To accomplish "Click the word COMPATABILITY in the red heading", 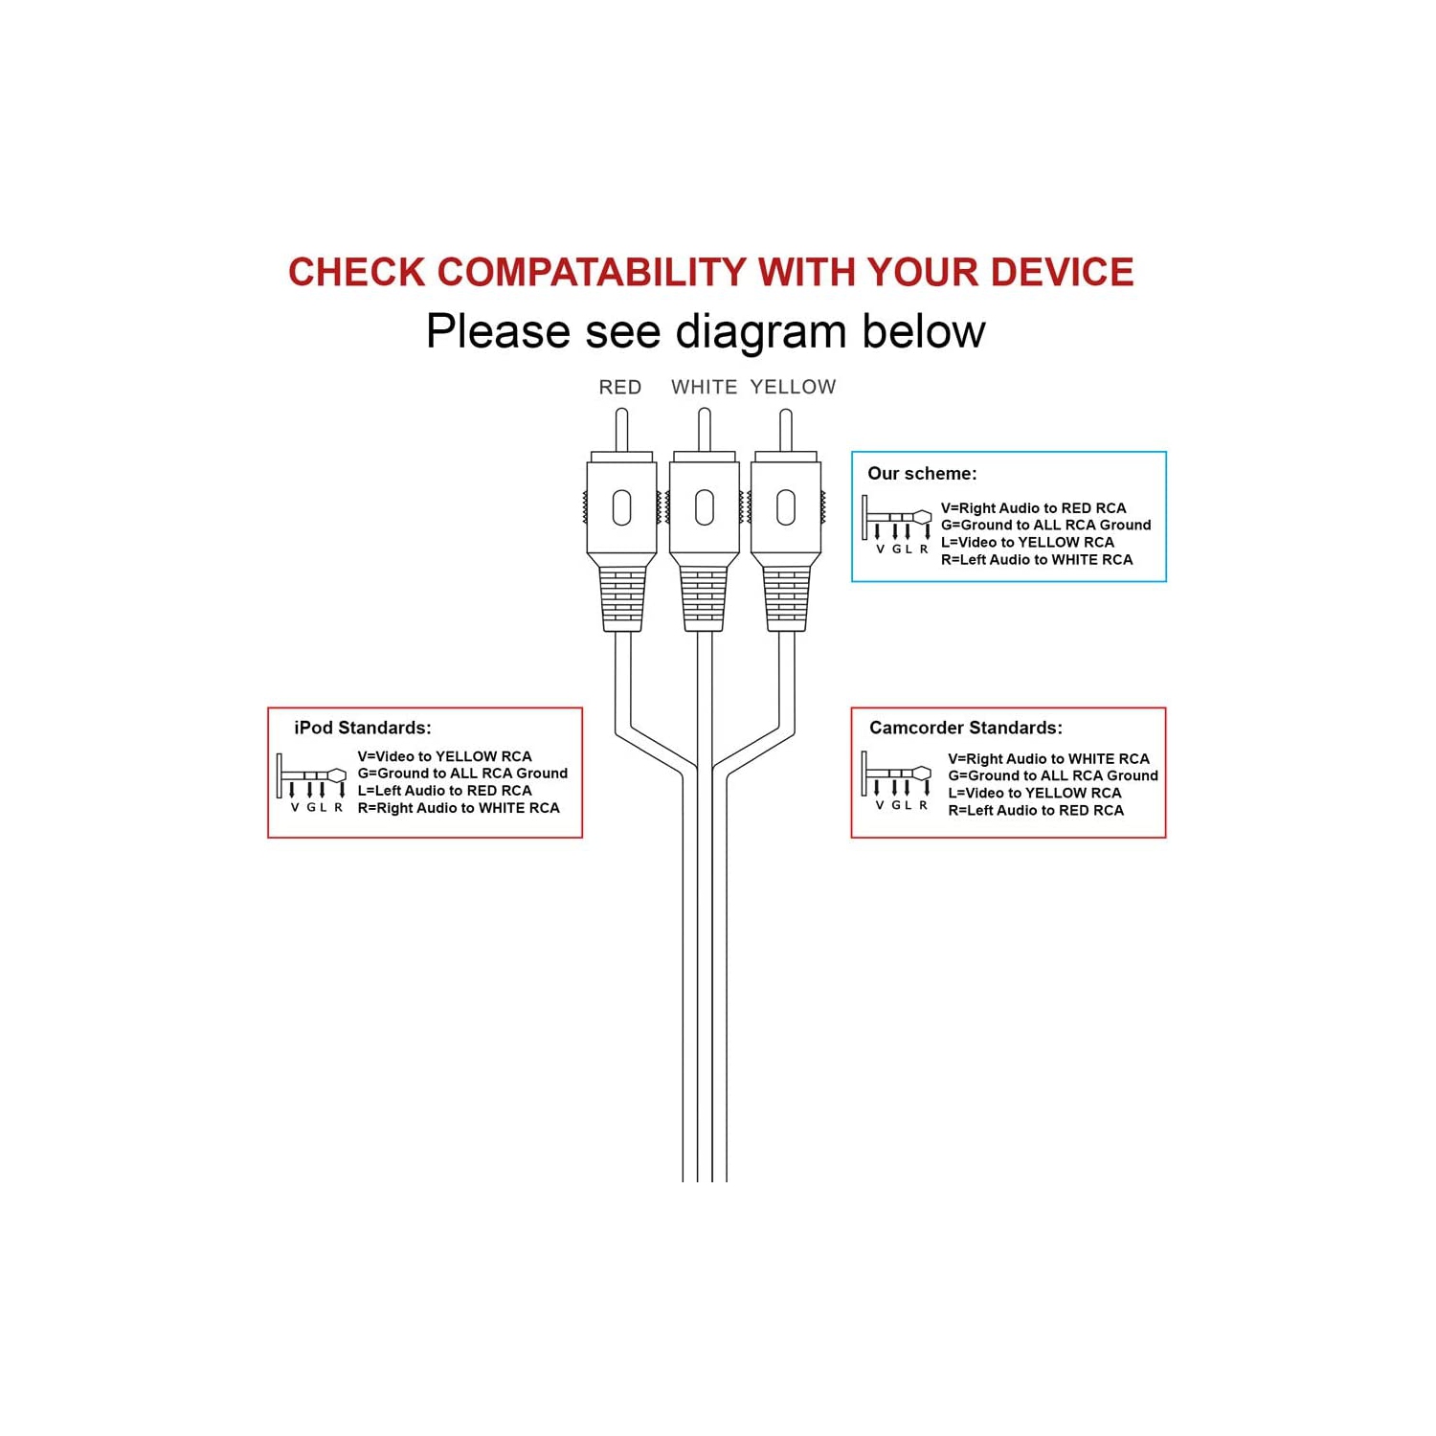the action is coord(592,273).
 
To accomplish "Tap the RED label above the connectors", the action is coord(620,387).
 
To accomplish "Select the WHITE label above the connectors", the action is coord(705,387).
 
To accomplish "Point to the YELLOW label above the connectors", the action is coord(794,387).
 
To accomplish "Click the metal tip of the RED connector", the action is coord(621,430).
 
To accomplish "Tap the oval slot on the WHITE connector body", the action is coord(705,507).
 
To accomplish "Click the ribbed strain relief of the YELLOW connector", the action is coord(786,599).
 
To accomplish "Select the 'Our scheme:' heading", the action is coord(922,473).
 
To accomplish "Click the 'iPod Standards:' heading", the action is coord(363,728).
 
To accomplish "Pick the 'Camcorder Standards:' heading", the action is coord(966,728).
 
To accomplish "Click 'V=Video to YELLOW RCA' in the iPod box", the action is coord(444,756).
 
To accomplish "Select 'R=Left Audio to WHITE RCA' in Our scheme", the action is coord(1037,560).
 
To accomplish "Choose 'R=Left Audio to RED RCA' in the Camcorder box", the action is coord(1036,810).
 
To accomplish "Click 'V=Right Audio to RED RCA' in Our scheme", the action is coord(1034,508).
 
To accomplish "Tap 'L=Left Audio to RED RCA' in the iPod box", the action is coord(444,791).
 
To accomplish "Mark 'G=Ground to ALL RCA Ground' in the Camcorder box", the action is coord(1053,775).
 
